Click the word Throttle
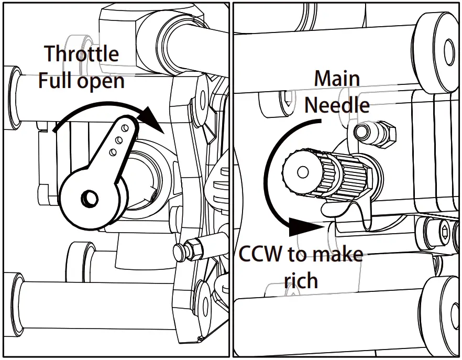coord(81,54)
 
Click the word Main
coord(336,79)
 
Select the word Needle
coord(337,105)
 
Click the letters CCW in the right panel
coord(261,255)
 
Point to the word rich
coord(301,280)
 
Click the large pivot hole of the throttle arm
coord(89,198)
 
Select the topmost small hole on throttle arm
coord(124,127)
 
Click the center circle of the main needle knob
coord(302,171)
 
